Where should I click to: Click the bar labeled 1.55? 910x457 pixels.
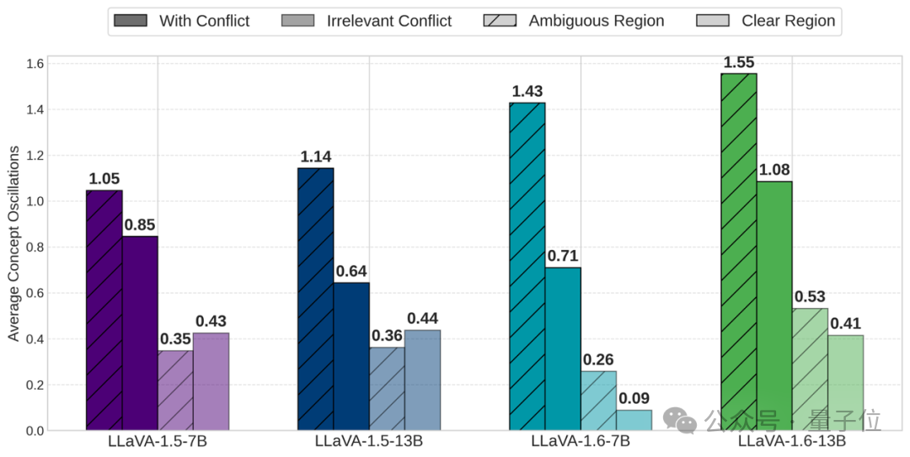[739, 252]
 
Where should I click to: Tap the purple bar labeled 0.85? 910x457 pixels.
[140, 333]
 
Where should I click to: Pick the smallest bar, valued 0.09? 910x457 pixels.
[634, 420]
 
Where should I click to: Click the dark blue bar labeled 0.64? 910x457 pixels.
[351, 357]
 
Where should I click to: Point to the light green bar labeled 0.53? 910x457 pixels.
[810, 369]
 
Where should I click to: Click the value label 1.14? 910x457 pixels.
[316, 157]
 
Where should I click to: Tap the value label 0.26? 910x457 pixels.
[597, 359]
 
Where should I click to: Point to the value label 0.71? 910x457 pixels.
[563, 256]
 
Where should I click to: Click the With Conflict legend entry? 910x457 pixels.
[182, 21]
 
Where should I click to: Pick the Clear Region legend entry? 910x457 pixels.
[766, 21]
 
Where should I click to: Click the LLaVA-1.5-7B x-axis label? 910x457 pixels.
[158, 442]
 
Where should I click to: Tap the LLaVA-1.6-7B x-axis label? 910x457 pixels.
[581, 442]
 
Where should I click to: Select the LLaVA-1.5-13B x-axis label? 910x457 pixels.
[369, 442]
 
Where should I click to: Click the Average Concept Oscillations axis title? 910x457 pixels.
[13, 243]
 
